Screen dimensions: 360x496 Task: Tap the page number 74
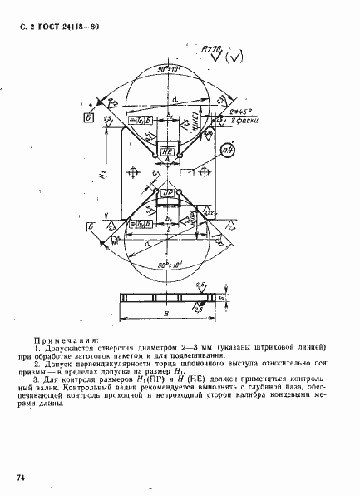(x=20, y=476)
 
